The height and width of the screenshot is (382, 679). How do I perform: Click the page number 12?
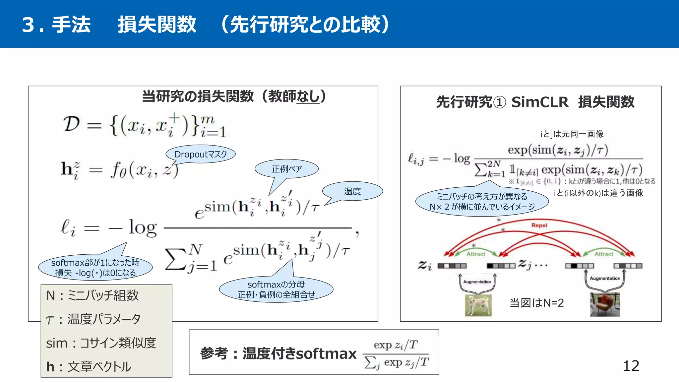coord(631,366)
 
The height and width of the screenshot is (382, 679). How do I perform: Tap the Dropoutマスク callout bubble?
coord(201,154)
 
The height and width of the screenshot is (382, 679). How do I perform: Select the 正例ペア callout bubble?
coord(286,169)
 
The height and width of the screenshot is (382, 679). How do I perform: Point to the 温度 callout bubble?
coord(352,191)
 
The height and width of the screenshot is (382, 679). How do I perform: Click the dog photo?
coord(478,305)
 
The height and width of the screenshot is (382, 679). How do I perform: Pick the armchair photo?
coord(605,304)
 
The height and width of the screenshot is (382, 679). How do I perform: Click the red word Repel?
coord(539,225)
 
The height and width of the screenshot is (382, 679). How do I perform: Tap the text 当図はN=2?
coord(536,303)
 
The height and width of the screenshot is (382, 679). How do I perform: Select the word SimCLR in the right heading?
coord(540,102)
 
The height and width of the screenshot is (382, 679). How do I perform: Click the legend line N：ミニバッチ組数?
coord(93,295)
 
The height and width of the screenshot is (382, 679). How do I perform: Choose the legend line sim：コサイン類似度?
coord(101,343)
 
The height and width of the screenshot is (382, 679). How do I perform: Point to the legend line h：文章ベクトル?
coord(89,367)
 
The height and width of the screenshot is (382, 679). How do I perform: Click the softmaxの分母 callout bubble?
coord(276,289)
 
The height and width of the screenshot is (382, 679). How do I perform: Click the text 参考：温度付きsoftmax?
coord(278,353)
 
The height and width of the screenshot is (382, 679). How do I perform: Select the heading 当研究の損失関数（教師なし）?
coord(234,96)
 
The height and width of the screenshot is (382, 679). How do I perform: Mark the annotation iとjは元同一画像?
coord(572,134)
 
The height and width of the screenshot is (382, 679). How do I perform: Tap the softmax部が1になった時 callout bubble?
coord(95,268)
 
